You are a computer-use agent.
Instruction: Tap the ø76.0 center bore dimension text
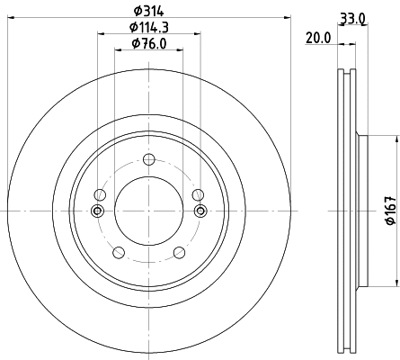point(149,44)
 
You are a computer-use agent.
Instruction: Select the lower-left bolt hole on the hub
point(118,253)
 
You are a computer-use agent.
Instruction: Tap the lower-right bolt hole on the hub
point(180,253)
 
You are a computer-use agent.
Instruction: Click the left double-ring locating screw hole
point(97,211)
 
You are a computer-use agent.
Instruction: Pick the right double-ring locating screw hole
point(200,211)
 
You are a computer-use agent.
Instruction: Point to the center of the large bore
point(149,211)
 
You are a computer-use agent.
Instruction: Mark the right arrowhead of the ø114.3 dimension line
point(198,36)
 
